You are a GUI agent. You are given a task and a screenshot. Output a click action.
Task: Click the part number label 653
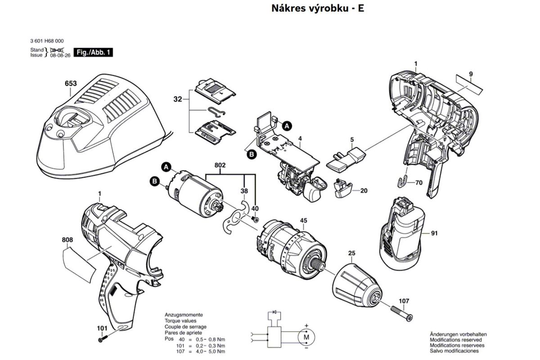click(x=71, y=84)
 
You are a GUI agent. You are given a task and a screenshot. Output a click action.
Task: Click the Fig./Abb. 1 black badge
click(x=93, y=53)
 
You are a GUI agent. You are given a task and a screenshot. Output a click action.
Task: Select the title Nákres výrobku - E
click(x=318, y=9)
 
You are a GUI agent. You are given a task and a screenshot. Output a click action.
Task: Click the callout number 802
click(x=220, y=166)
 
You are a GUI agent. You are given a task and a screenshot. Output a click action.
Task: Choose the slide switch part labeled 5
click(x=346, y=157)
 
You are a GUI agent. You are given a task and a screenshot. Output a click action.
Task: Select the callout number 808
click(x=67, y=240)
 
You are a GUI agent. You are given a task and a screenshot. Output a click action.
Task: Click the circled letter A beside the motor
click(x=166, y=167)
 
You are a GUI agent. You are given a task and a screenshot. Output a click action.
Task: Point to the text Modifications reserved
click(x=457, y=340)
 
